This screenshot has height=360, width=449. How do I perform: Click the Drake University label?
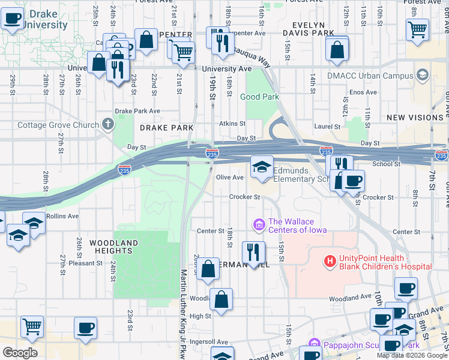click(46, 19)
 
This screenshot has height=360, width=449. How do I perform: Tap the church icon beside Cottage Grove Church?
click(108, 125)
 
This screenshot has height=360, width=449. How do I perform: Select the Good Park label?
click(260, 97)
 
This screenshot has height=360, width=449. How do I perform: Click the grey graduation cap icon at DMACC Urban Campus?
click(423, 75)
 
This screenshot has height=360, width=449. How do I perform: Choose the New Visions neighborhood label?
click(415, 118)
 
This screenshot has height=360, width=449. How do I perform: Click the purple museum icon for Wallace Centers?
click(259, 225)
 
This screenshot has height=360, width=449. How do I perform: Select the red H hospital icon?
click(330, 262)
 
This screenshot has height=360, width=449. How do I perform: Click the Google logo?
click(20, 352)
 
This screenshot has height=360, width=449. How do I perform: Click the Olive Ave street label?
click(230, 178)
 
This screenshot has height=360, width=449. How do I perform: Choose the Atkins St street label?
click(232, 123)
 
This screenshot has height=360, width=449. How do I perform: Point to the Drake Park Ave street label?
click(137, 111)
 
